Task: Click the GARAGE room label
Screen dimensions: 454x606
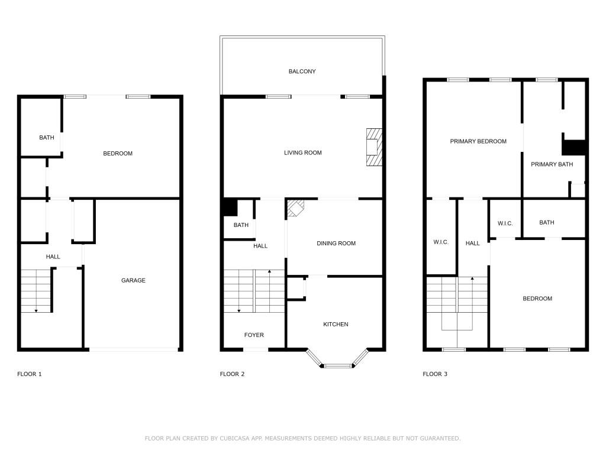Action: (x=133, y=280)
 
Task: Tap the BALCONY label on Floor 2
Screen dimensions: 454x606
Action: (x=302, y=72)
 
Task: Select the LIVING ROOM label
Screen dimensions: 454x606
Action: (x=302, y=153)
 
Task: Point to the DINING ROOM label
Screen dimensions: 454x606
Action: (x=336, y=243)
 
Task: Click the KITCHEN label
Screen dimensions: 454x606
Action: (x=336, y=324)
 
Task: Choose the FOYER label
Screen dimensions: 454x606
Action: (x=254, y=335)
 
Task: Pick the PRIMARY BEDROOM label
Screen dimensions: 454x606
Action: (x=478, y=141)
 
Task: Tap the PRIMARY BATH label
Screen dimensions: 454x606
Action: (x=552, y=164)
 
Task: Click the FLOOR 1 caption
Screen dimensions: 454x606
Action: (x=30, y=374)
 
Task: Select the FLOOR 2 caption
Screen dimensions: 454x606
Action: (x=232, y=374)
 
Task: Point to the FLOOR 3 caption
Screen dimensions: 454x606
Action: (x=435, y=374)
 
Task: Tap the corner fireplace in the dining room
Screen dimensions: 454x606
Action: (x=295, y=208)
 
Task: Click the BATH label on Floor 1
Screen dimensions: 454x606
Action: (x=47, y=138)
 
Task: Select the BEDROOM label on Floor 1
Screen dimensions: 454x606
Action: (x=118, y=154)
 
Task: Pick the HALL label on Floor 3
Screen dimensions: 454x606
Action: (x=473, y=243)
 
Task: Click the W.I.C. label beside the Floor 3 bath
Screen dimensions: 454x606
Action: (x=505, y=223)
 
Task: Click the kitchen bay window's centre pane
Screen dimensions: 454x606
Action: (x=337, y=366)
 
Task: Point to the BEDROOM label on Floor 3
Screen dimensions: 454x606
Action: (x=537, y=299)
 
